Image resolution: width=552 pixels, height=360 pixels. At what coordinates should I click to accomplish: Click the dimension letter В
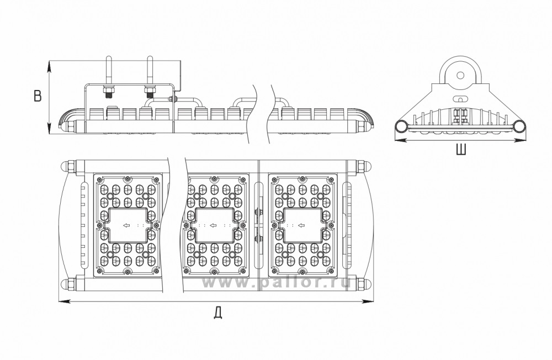coord(38,96)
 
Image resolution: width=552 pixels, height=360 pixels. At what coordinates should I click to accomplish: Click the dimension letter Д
coord(218,313)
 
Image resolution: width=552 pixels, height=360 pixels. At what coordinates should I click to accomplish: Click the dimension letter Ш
coord(461,149)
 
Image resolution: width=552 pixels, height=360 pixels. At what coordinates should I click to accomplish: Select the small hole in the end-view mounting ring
coord(460,75)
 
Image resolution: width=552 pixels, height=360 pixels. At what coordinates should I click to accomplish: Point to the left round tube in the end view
coord(401,126)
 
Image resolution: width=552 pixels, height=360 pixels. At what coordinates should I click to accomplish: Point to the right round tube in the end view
coord(519,126)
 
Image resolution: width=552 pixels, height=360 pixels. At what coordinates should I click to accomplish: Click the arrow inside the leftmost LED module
coord(125,225)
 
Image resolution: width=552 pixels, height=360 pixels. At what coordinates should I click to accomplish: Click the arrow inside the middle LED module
coord(213,225)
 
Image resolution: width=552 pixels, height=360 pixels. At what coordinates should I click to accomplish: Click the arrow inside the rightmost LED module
coord(301,225)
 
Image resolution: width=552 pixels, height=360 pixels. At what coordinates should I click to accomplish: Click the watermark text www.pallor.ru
coord(275,282)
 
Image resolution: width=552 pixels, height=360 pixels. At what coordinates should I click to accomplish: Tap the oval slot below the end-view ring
coord(460,98)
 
